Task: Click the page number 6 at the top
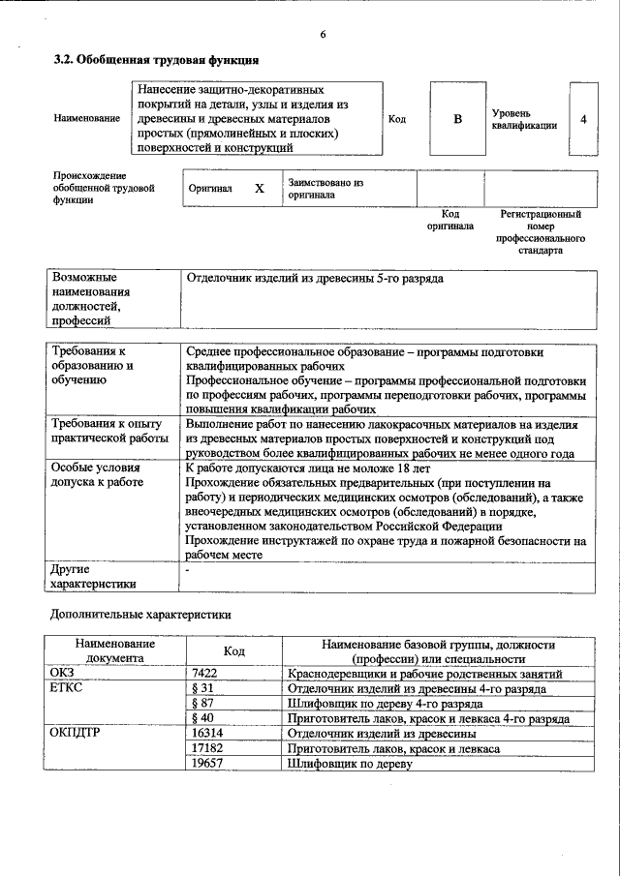pyautogui.click(x=323, y=35)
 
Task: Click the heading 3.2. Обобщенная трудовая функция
pyautogui.click(x=155, y=60)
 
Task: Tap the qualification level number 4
pyautogui.click(x=583, y=119)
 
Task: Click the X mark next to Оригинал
pyautogui.click(x=259, y=189)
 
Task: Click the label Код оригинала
pyautogui.click(x=449, y=220)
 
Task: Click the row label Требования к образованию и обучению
pyautogui.click(x=93, y=366)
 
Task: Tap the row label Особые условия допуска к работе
pyautogui.click(x=97, y=474)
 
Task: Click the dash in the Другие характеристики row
pyautogui.click(x=188, y=570)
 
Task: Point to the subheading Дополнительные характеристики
pyautogui.click(x=140, y=614)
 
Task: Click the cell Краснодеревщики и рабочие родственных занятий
pyautogui.click(x=425, y=674)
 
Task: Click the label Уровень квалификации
pyautogui.click(x=523, y=119)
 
